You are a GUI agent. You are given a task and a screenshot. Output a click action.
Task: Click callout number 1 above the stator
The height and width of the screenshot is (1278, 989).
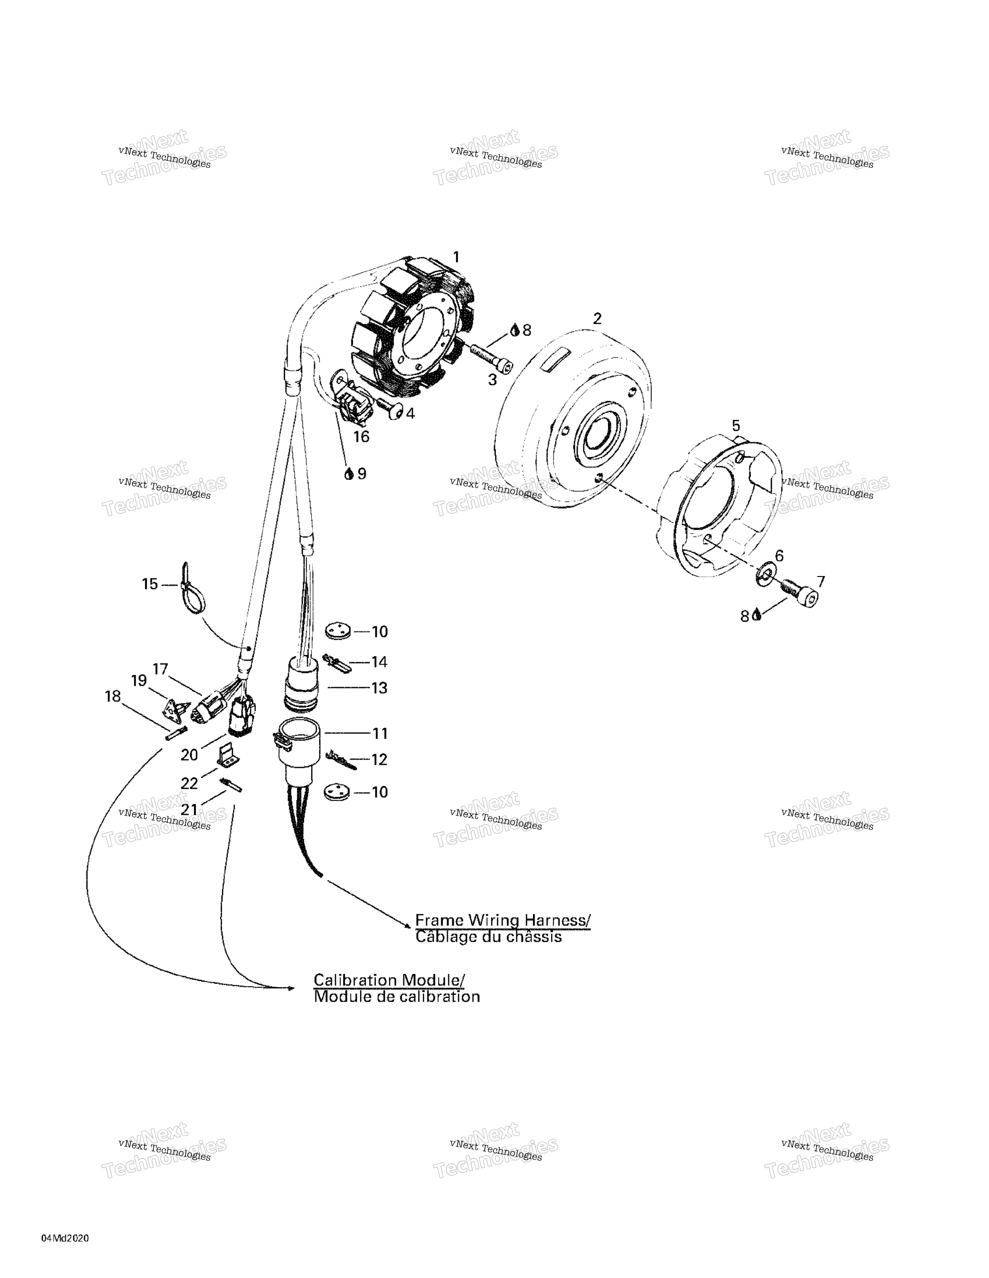(456, 257)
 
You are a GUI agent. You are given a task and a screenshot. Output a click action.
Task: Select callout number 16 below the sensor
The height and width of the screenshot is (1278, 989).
(361, 437)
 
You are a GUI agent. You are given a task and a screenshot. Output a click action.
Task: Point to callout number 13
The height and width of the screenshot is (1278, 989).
(379, 688)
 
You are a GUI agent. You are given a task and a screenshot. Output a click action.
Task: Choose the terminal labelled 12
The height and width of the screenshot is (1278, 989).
(341, 759)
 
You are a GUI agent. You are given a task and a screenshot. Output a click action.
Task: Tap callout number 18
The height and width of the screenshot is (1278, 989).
(112, 696)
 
